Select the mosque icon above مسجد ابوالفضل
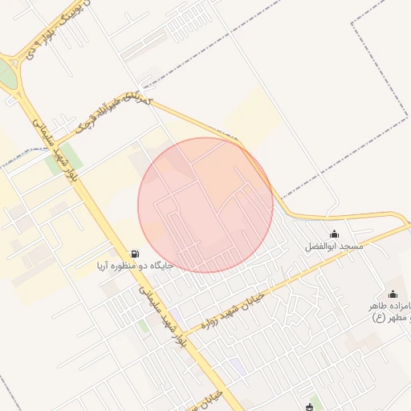334,234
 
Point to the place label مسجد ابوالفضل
334,246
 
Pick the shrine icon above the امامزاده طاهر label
393,295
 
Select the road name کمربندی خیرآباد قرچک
112,112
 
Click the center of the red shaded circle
205,205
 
